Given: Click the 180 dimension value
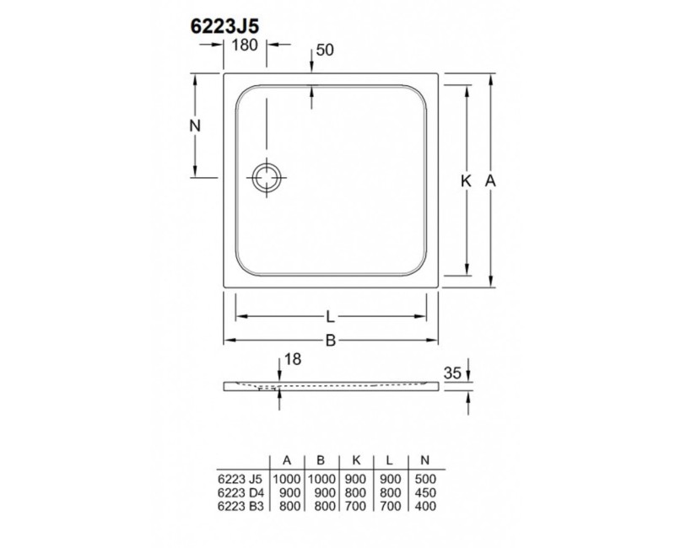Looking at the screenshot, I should pos(245,46).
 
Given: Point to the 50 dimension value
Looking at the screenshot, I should pos(326,50).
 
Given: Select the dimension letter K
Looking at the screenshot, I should pos(466,180).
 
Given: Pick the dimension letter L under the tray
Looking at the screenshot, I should pos(331,317).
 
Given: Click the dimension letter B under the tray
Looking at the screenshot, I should pos(331,341).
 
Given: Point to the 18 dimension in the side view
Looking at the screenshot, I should pos(293,360).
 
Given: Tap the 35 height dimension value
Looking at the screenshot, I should pos(452,372).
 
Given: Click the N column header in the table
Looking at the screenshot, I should pos(424,459).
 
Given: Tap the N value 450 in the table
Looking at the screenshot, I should pos(424,492).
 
